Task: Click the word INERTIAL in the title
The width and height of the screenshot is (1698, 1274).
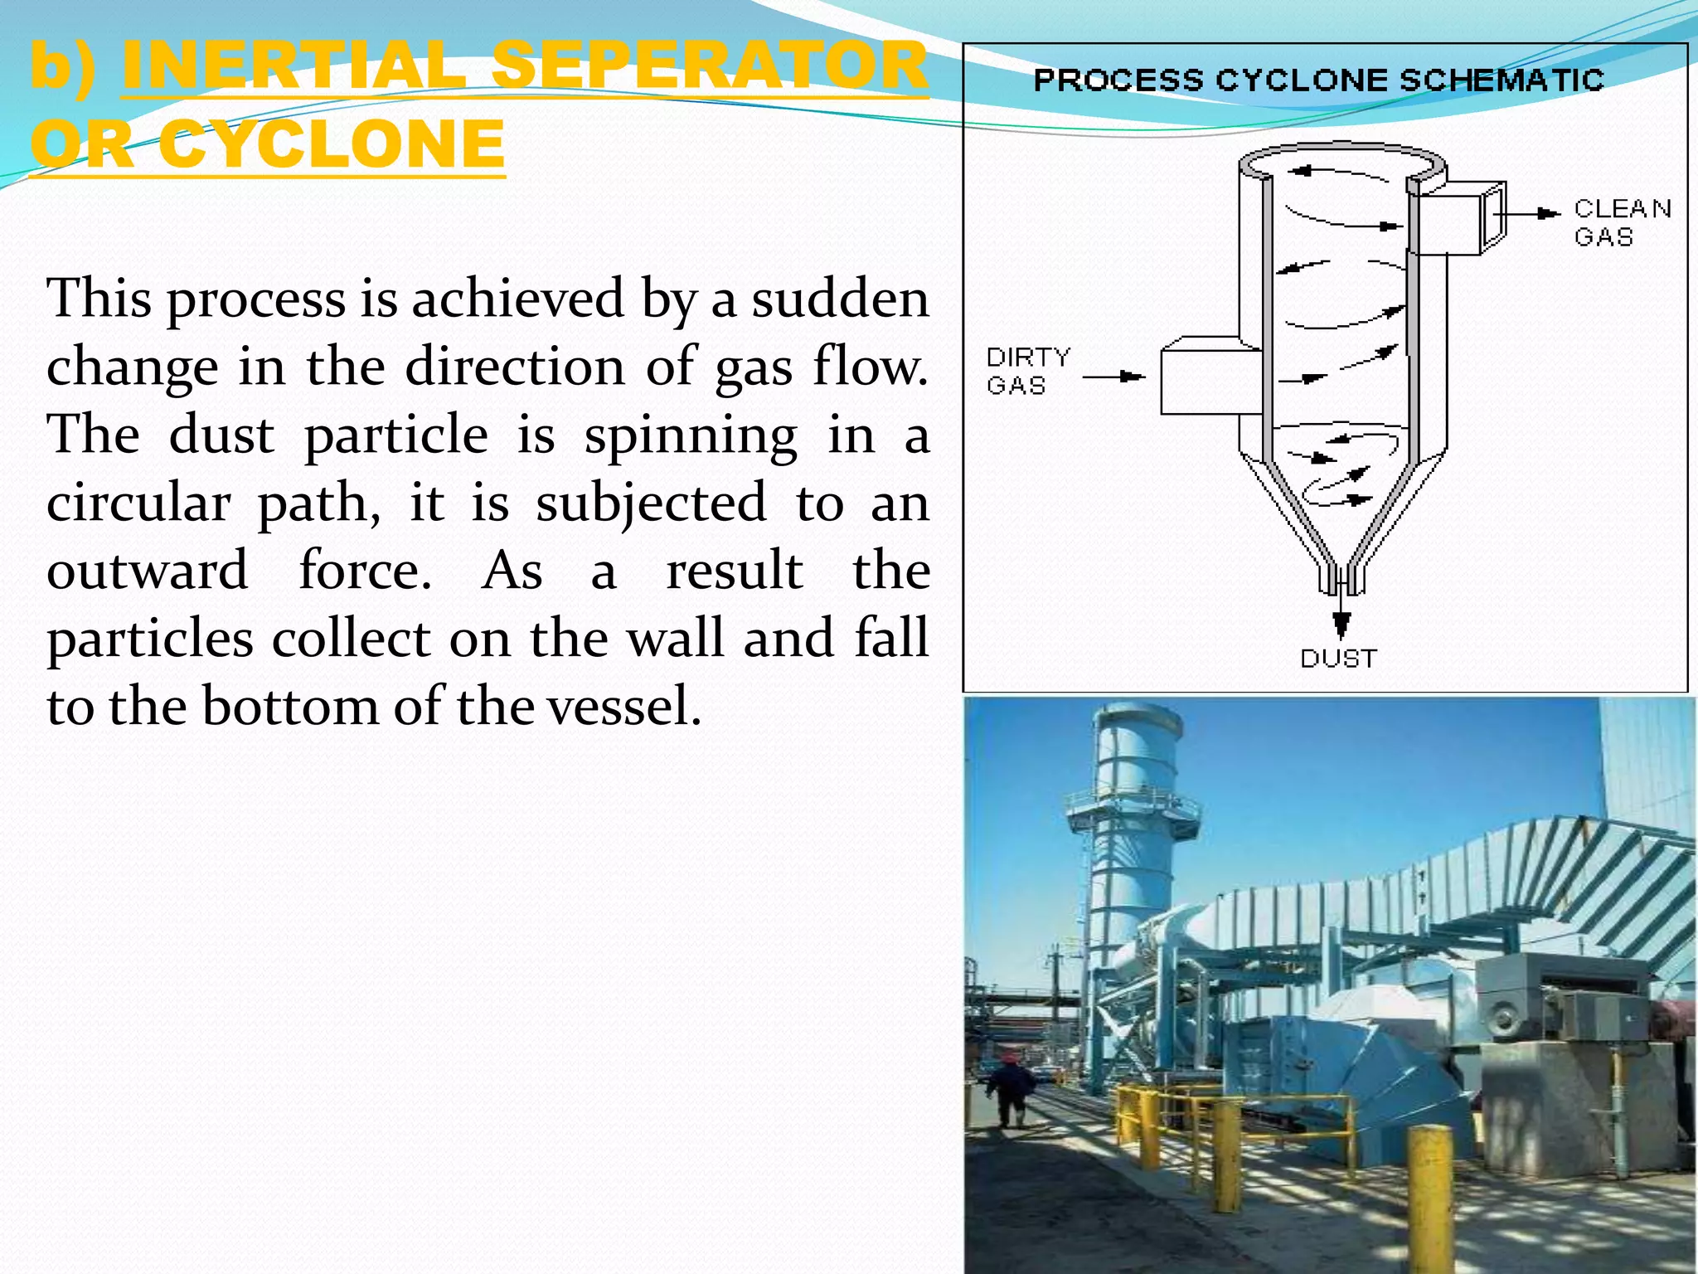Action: [294, 66]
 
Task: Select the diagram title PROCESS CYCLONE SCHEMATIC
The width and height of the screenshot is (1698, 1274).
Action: [1318, 80]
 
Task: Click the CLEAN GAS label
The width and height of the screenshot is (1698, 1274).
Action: [1621, 222]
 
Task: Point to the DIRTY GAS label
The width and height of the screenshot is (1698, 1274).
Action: [1028, 371]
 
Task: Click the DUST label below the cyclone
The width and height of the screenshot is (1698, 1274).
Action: [1338, 659]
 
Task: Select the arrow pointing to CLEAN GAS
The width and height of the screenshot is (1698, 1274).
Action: [1530, 213]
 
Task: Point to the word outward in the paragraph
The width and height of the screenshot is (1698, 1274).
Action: [148, 571]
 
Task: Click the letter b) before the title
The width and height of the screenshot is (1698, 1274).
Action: [62, 66]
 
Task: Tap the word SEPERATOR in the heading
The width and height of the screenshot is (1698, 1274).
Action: [709, 66]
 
